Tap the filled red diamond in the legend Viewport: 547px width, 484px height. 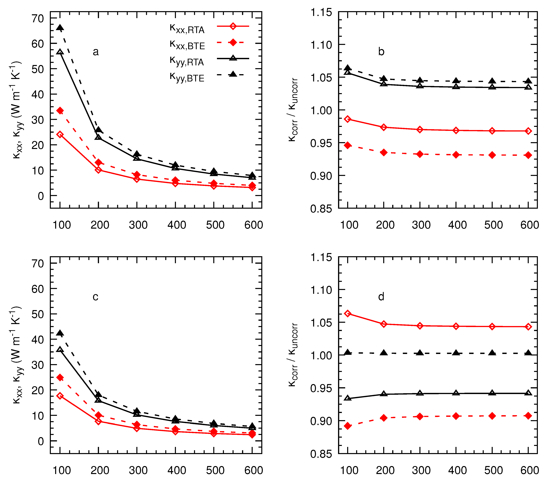[x=233, y=42]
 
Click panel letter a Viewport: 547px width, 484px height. [x=96, y=52]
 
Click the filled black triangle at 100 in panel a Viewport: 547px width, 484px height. [x=60, y=28]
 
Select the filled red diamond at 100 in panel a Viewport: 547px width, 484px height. [x=60, y=111]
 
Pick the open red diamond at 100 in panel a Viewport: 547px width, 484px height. [x=60, y=135]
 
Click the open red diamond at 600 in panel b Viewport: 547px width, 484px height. [x=528, y=131]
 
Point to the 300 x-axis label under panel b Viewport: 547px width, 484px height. [x=421, y=225]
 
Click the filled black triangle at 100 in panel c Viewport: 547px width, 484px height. [x=60, y=333]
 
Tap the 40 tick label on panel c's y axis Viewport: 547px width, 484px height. [x=38, y=339]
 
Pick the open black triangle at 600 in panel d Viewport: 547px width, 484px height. [x=528, y=393]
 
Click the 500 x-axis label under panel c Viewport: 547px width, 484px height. [x=215, y=470]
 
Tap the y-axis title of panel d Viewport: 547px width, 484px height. [x=293, y=355]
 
